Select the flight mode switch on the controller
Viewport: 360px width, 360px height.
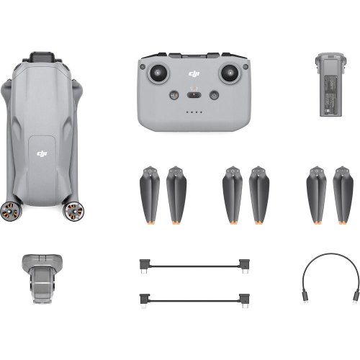pos(193,94)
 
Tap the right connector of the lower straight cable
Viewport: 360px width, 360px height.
pos(246,297)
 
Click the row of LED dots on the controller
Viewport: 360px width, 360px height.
pos(193,112)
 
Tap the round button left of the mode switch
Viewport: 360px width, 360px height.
pos(174,94)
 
